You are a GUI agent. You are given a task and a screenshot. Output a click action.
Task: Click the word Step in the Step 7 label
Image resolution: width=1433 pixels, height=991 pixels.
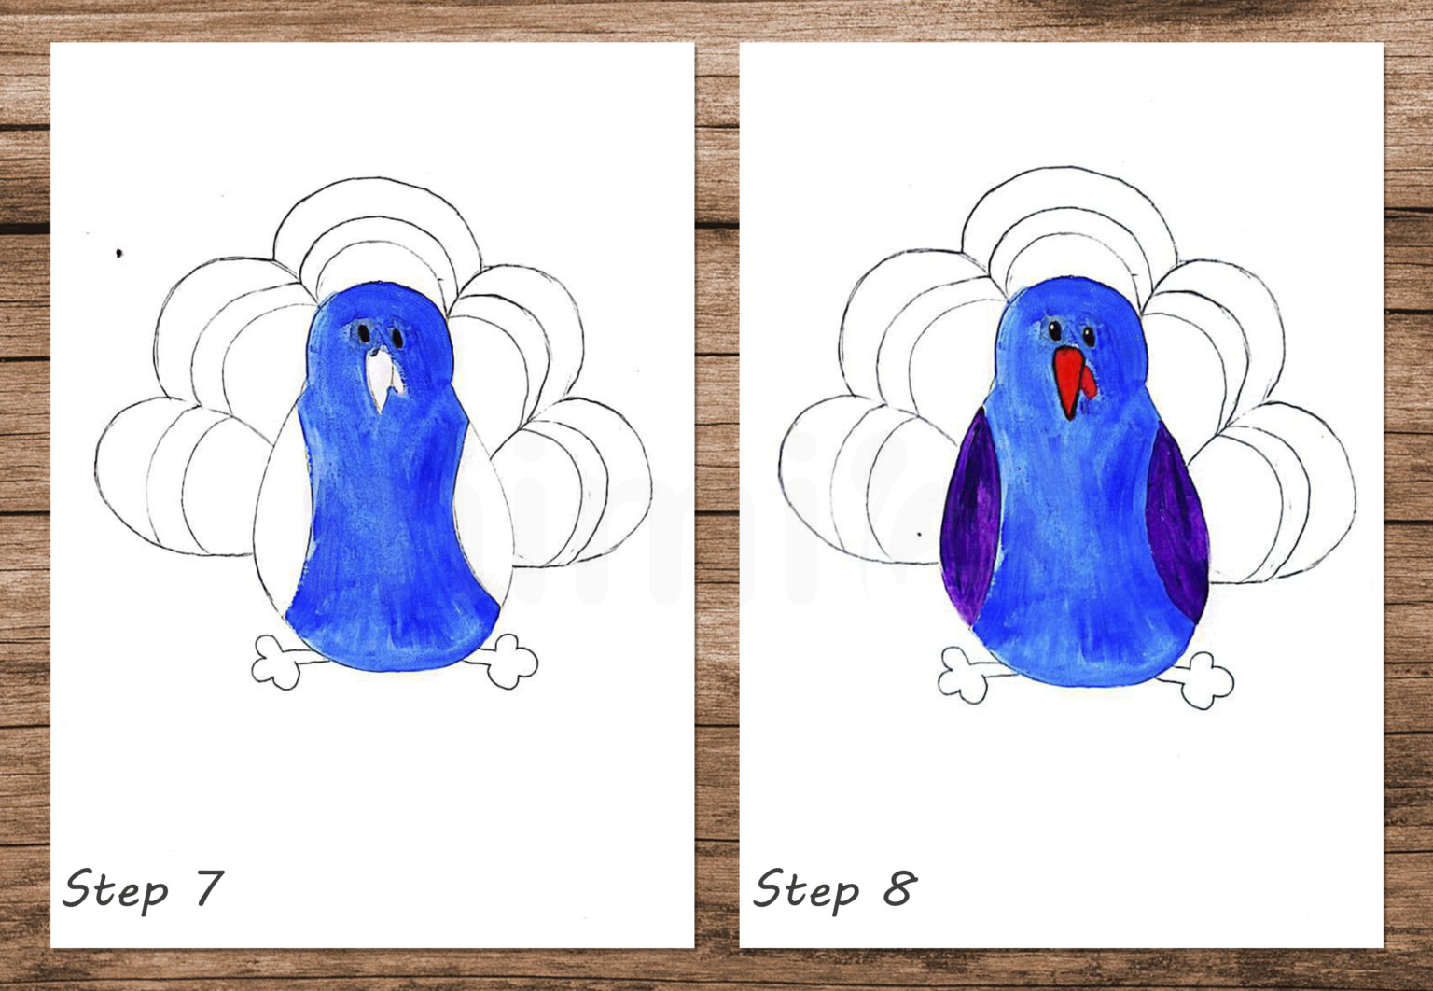tap(114, 888)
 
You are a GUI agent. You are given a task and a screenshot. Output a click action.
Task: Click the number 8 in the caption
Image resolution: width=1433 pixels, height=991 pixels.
tap(899, 888)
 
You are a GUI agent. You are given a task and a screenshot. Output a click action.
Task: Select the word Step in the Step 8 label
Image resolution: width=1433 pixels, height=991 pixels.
tap(805, 888)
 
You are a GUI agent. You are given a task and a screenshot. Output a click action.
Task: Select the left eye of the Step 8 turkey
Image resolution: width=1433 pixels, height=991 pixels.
tap(1054, 329)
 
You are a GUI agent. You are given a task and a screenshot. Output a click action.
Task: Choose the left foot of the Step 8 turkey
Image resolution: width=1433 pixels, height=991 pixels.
tap(963, 674)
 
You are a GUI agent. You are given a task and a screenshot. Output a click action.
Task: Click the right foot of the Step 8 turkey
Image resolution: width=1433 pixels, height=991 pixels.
tap(1203, 678)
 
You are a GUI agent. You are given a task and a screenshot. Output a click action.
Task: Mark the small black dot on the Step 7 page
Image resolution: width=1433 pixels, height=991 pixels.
tap(119, 253)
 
